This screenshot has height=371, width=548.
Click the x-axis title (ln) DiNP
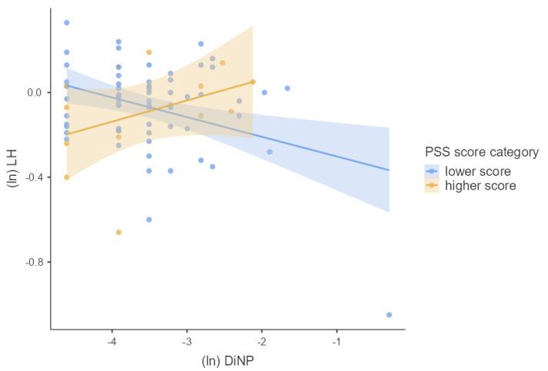click(227, 360)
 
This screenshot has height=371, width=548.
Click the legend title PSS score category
click(481, 152)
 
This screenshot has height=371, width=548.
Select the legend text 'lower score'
click(477, 171)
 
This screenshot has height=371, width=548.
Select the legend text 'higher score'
click(480, 186)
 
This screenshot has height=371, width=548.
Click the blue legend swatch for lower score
click(432, 171)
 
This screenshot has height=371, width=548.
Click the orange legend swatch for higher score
click(432, 186)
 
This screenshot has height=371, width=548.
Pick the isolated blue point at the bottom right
click(389, 315)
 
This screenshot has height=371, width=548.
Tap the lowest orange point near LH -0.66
click(119, 232)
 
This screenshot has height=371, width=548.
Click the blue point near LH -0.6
click(149, 220)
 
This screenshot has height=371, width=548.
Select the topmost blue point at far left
click(67, 22)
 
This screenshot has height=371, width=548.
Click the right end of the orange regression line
click(252, 81)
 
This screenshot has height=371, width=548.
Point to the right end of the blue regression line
click(389, 170)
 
